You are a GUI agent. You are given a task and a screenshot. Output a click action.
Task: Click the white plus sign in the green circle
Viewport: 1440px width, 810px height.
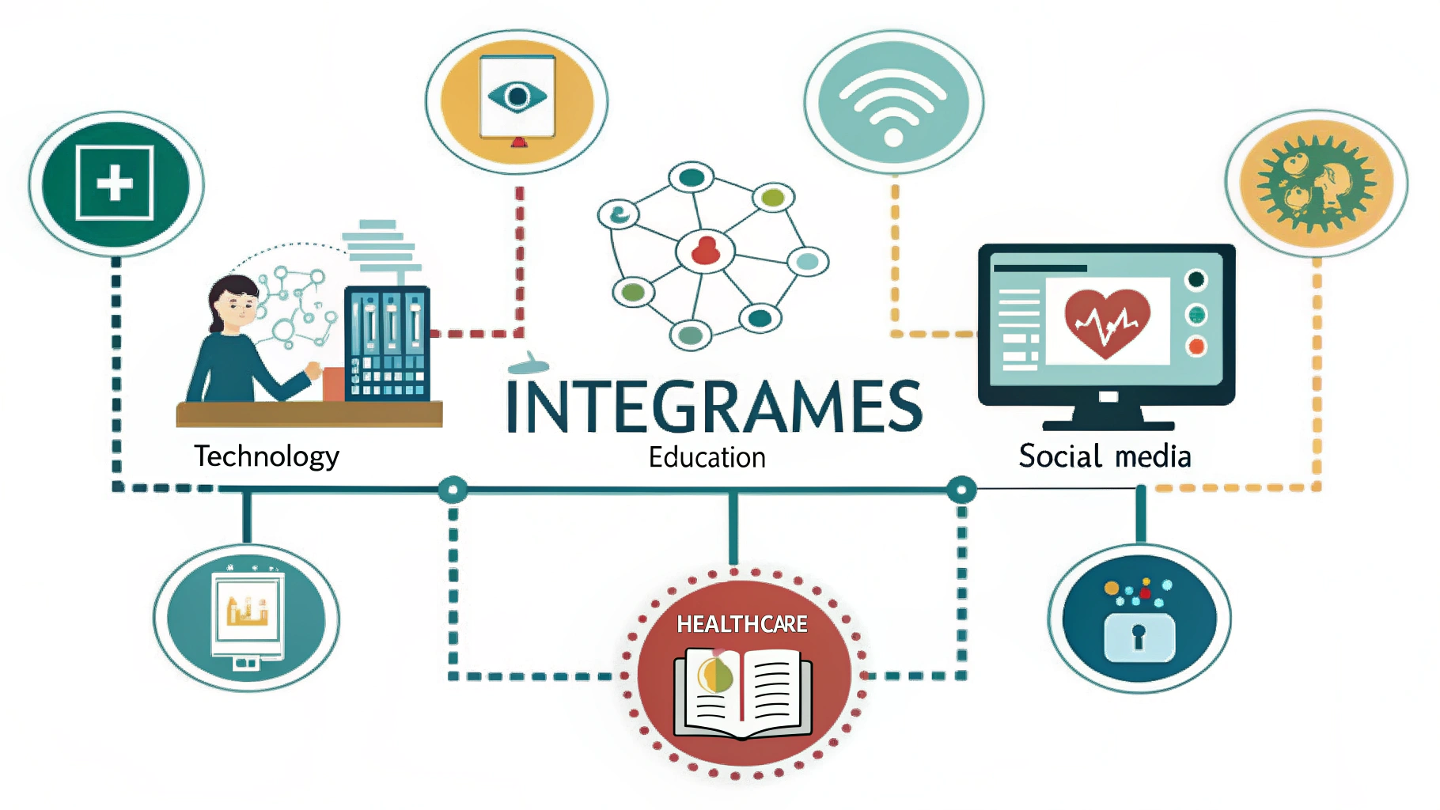[115, 184]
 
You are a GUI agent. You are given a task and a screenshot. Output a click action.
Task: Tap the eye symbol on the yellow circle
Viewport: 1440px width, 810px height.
[517, 97]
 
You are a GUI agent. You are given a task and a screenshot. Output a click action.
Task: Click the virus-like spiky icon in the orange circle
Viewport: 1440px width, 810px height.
[1316, 184]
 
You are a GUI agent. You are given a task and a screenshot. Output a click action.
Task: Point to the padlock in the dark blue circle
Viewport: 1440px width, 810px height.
[1139, 637]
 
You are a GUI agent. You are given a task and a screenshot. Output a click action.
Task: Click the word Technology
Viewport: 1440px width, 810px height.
[267, 456]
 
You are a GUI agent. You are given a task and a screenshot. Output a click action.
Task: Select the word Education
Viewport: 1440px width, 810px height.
[707, 457]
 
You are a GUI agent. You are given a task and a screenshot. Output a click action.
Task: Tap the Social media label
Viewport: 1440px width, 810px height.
[1105, 456]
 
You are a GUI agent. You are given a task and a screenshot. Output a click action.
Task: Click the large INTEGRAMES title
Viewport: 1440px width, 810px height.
[714, 407]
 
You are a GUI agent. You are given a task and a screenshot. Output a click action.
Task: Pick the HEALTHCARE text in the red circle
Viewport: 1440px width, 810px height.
[741, 624]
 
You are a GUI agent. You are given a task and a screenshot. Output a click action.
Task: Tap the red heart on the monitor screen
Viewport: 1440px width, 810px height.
[1107, 320]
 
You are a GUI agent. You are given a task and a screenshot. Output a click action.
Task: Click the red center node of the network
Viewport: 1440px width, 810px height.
[705, 251]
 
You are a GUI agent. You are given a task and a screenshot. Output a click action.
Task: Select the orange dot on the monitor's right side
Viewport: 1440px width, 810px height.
[1196, 346]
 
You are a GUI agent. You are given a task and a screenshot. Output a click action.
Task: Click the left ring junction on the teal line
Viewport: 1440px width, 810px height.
[453, 490]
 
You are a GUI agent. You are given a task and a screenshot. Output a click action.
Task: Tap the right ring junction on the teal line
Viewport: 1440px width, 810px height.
[961, 490]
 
